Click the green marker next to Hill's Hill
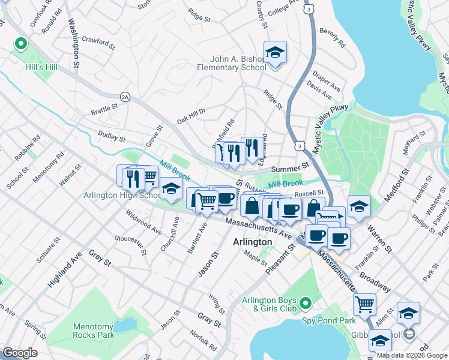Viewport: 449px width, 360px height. pos(20,44)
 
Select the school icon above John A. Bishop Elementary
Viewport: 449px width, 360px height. pos(275,52)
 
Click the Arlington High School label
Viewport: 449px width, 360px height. pos(121,196)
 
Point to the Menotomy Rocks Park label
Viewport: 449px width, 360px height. pos(93,331)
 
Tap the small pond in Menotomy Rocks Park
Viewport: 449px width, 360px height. pos(125,325)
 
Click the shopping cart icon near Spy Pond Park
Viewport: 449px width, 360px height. pos(364,305)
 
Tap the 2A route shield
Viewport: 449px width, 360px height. pos(125,96)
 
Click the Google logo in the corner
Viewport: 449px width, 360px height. pos(20,353)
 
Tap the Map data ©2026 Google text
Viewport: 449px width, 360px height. pos(411,356)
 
